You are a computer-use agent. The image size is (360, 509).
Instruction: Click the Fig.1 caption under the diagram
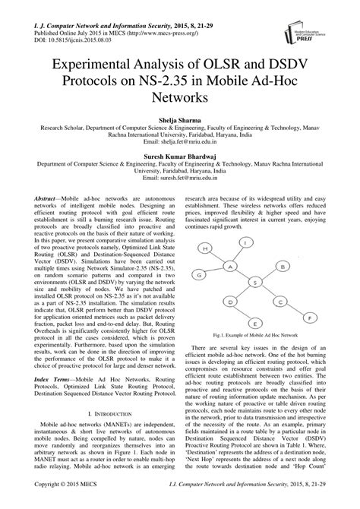click(254, 334)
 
